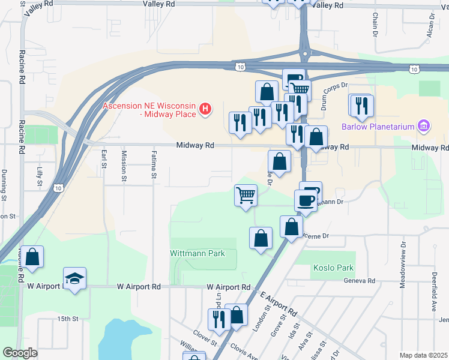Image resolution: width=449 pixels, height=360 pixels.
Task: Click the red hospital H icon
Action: (205, 109)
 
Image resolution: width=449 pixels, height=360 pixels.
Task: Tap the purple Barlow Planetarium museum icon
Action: (424, 126)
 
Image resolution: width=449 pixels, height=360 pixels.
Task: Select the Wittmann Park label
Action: (197, 253)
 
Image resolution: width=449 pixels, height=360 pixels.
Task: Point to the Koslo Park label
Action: (333, 268)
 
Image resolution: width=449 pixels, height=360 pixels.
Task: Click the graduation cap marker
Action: (75, 278)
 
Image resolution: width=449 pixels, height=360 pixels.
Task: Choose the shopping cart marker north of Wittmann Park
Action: (246, 195)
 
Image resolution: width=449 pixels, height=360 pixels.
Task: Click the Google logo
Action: (20, 353)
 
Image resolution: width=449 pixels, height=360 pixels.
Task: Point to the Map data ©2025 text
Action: (423, 355)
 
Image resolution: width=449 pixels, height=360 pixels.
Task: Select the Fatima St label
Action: (154, 165)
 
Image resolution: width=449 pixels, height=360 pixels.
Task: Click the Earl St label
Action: (104, 159)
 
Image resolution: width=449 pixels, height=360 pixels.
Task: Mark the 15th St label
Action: (68, 318)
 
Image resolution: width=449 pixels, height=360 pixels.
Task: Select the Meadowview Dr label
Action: (403, 265)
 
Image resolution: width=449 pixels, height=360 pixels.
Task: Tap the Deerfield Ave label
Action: (433, 283)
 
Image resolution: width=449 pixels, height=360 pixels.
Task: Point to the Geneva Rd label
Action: (359, 280)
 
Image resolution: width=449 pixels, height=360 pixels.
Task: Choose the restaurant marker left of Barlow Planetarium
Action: (361, 106)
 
